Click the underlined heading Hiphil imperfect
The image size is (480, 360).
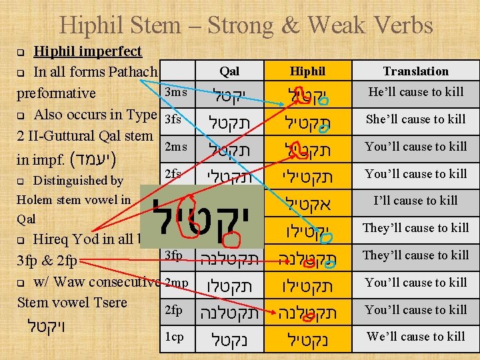pyautogui.click(x=87, y=51)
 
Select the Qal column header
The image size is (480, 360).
pyautogui.click(x=229, y=71)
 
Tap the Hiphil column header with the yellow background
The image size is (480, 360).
pyautogui.click(x=307, y=71)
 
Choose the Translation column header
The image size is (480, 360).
pyautogui.click(x=415, y=71)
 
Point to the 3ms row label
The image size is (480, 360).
pyautogui.click(x=175, y=92)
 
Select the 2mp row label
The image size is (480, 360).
pyautogui.click(x=175, y=283)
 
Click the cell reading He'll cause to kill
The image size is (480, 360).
pyautogui.click(x=415, y=92)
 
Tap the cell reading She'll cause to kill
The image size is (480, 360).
pyautogui.click(x=415, y=119)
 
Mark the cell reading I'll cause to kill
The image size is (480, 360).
pyautogui.click(x=415, y=201)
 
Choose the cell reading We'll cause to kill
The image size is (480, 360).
pyautogui.click(x=415, y=337)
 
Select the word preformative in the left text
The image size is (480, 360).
pyautogui.click(x=56, y=93)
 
